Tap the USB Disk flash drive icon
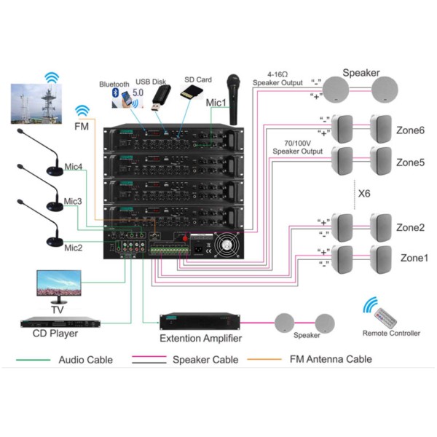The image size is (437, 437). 160,97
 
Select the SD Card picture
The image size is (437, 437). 191,92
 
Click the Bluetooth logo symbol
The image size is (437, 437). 114,92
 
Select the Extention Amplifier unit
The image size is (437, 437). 200,320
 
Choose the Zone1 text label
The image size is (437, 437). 414,258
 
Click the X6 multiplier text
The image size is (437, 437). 366,194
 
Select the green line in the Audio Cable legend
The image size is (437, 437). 34,360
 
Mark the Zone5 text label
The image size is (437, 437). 410,162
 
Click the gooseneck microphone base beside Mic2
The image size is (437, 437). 55,243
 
